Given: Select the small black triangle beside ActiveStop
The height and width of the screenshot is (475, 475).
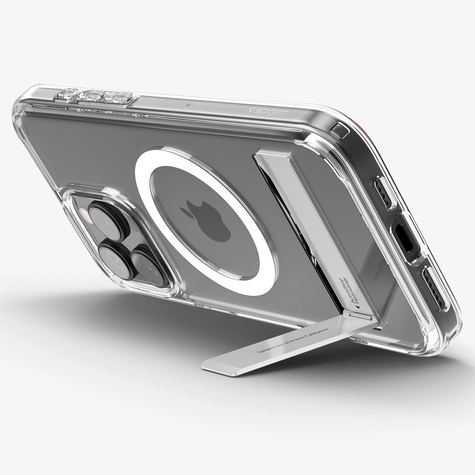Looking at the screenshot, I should coord(358,307).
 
